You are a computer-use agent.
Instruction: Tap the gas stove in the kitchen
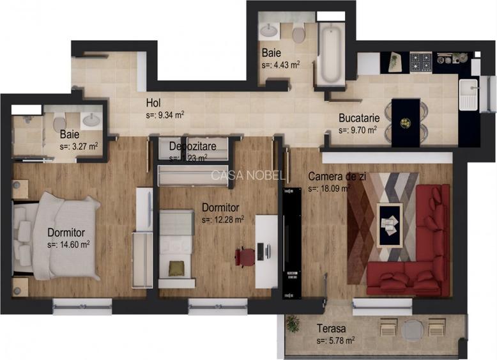421,62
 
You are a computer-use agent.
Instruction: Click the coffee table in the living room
390,224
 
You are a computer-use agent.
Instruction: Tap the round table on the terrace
411,329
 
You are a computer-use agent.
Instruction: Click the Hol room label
153,102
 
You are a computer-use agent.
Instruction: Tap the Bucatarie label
359,118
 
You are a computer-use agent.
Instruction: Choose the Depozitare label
192,146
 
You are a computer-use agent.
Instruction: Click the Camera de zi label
336,176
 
